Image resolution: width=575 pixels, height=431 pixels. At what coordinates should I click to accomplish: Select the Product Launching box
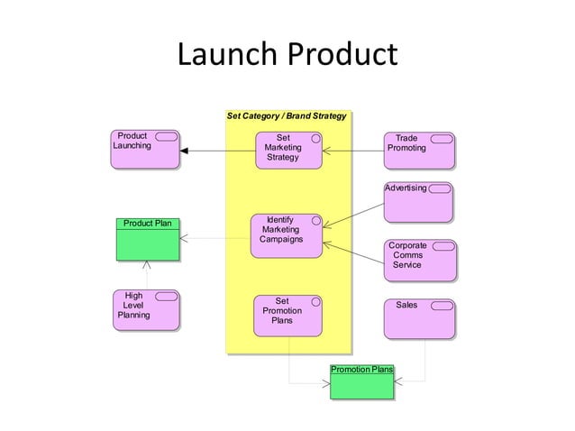click(144, 150)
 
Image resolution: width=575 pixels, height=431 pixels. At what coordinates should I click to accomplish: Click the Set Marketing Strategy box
click(287, 150)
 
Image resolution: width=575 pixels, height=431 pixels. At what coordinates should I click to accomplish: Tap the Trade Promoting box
click(419, 150)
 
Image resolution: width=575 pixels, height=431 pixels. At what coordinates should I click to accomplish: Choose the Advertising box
click(418, 203)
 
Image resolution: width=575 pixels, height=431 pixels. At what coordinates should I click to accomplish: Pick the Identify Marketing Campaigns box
click(287, 235)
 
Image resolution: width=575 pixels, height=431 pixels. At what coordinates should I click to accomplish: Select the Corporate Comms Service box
click(419, 260)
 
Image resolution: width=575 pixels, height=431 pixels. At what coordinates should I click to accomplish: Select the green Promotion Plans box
click(361, 381)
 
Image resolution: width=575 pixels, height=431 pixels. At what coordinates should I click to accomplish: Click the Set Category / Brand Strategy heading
click(287, 116)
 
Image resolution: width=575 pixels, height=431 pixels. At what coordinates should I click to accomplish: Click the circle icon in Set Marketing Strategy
click(315, 138)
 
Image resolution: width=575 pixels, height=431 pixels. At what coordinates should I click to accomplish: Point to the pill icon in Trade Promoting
click(442, 139)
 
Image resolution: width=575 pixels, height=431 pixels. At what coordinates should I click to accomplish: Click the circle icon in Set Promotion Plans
click(315, 301)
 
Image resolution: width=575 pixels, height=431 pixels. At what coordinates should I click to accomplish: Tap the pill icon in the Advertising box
click(440, 188)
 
